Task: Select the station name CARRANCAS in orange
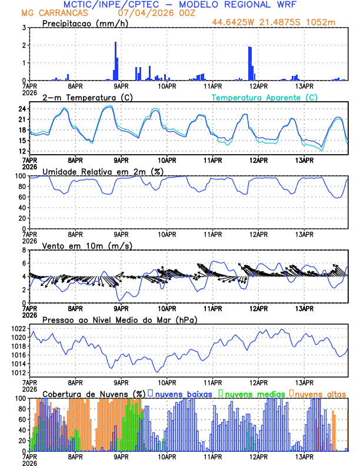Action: click(65, 12)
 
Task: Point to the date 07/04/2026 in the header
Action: click(144, 12)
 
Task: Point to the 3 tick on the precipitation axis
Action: click(24, 28)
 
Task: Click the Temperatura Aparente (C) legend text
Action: click(265, 97)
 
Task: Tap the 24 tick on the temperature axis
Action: click(22, 109)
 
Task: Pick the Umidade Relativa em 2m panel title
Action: click(96, 171)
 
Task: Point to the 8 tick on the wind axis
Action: click(24, 250)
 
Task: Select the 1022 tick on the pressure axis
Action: click(18, 328)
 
